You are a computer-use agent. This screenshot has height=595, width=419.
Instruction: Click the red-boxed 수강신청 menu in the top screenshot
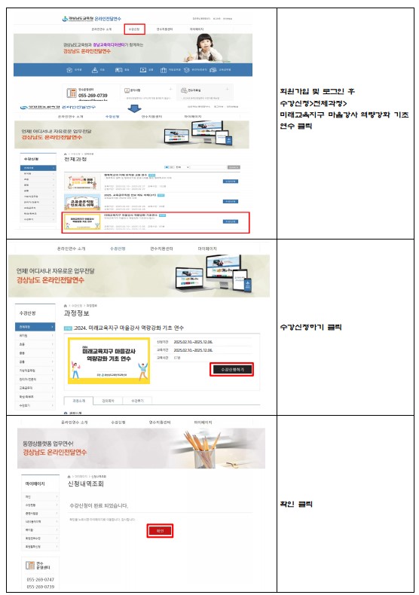point(134,29)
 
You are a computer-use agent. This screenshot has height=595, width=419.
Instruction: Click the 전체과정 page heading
point(76,160)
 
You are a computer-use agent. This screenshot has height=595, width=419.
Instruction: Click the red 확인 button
point(159,530)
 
